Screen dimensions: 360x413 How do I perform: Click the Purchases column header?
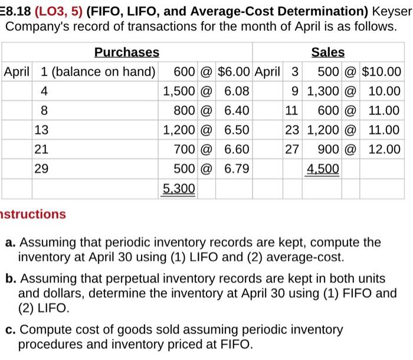pyautogui.click(x=127, y=53)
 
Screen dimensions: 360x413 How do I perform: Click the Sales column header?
pyautogui.click(x=328, y=53)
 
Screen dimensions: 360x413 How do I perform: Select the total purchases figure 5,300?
pyautogui.click(x=179, y=189)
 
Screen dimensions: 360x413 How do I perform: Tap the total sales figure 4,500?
pyautogui.click(x=323, y=169)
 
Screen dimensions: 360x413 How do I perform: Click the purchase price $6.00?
pyautogui.click(x=235, y=72)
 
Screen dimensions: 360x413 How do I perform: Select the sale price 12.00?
pyautogui.click(x=384, y=149)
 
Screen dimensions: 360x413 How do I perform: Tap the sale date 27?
pyautogui.click(x=291, y=149)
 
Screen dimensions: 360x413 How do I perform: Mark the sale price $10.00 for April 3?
pyautogui.click(x=382, y=72)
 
